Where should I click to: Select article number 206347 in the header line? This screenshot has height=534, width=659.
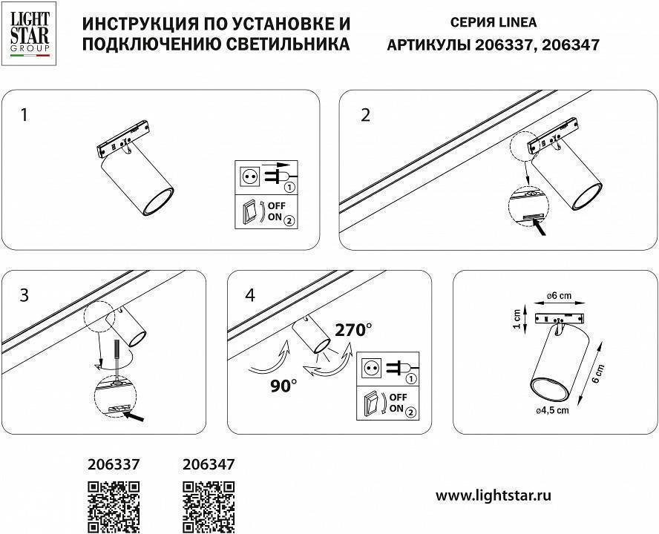(571, 44)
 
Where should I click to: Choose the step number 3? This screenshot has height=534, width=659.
(24, 295)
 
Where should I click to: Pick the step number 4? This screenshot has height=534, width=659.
(249, 295)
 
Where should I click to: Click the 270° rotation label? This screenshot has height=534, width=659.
(353, 330)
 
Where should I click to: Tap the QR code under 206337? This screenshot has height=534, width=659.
(114, 507)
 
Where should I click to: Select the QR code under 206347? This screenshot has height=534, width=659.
(209, 507)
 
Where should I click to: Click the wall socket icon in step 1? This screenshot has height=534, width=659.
(250, 177)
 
